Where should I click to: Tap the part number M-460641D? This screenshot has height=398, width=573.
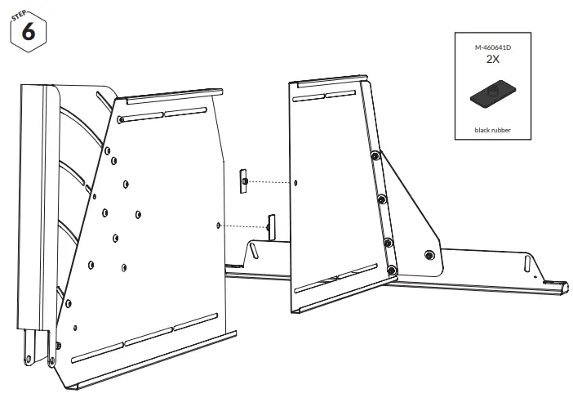[492, 48]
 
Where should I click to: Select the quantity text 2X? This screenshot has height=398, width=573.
[492, 60]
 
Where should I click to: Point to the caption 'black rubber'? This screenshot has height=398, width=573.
[492, 130]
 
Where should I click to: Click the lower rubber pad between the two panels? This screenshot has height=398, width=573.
[272, 223]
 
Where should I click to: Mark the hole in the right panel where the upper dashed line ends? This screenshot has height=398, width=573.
[295, 181]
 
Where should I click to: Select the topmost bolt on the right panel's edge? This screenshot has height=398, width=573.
[374, 154]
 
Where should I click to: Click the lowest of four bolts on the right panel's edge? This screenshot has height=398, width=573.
[393, 269]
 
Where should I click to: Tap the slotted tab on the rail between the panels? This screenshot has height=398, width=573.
[255, 249]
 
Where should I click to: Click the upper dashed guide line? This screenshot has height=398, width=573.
[269, 181]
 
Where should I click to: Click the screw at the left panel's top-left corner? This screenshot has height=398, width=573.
[121, 119]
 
